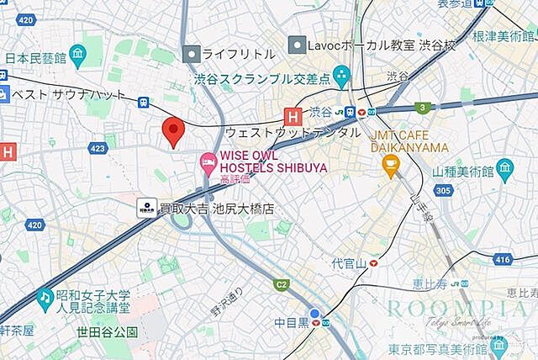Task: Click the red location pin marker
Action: (x=172, y=130)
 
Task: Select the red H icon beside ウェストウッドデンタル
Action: (x=293, y=118)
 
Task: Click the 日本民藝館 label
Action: (x=34, y=58)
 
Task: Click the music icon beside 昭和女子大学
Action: (x=43, y=299)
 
